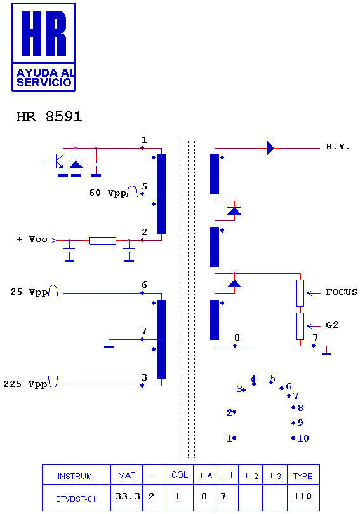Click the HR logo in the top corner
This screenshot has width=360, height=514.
pos(44,47)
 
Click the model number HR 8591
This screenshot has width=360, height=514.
pos(49,117)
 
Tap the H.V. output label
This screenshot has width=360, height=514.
pos(338,147)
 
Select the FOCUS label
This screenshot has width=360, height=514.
pos(342,292)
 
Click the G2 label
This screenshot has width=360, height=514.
pos(332,325)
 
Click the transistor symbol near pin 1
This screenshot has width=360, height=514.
pos(58,161)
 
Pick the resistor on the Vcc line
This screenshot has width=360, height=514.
pos(102,241)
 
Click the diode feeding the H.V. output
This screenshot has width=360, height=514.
pos(270,148)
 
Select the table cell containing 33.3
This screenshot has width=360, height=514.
pos(127,497)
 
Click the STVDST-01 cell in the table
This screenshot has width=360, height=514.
pos(76,499)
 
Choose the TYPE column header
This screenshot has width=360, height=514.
pos(303,476)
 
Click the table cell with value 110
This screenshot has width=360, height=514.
pos(302,496)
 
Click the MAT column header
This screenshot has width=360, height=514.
pos(127,475)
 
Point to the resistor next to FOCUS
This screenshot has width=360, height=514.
pos(300,293)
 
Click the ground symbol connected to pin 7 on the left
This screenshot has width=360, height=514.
pos(109,346)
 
